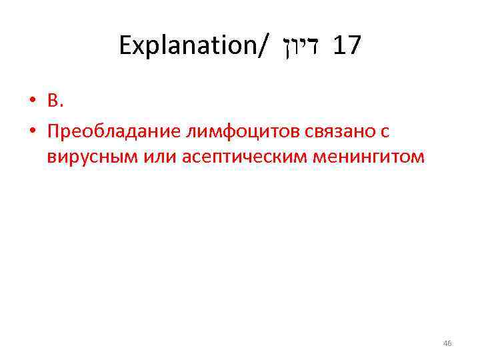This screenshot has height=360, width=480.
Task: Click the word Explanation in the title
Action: tap(188, 45)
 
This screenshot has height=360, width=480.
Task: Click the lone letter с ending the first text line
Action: tap(385, 133)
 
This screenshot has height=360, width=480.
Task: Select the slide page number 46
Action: tap(447, 343)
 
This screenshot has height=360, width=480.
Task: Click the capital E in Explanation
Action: tap(126, 45)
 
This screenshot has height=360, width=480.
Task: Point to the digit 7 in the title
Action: tap(354, 45)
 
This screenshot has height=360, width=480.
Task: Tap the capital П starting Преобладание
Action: tap(53, 132)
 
